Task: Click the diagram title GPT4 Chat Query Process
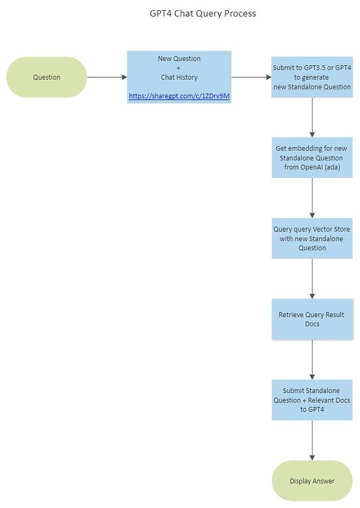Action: (x=202, y=14)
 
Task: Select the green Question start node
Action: (x=47, y=77)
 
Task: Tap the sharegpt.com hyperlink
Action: (x=179, y=96)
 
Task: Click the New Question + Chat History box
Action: (x=179, y=77)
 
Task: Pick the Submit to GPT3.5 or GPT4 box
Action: (x=312, y=77)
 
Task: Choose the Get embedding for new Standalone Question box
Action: (x=312, y=158)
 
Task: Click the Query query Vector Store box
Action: (x=312, y=238)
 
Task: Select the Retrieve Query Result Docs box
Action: (x=312, y=319)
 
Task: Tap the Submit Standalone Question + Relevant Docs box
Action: (x=312, y=400)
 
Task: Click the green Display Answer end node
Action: (x=312, y=481)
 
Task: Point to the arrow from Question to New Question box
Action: (x=107, y=77)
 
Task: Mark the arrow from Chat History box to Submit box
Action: (x=252, y=77)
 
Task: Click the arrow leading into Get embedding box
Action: (x=312, y=118)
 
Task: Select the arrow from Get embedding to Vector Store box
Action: (x=312, y=198)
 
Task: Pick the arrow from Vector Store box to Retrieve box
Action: (x=312, y=279)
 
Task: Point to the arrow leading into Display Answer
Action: (x=312, y=440)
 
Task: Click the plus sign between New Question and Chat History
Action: (x=179, y=68)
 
